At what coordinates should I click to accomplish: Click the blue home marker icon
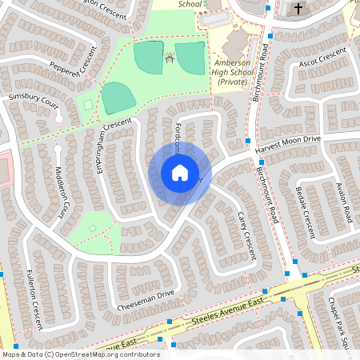[180, 173]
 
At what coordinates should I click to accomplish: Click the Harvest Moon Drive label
[287, 142]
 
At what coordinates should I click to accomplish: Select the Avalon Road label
[346, 200]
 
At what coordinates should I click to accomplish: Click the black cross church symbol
[298, 9]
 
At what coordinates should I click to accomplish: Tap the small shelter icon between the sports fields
[169, 58]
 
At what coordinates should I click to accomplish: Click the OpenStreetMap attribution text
[80, 354]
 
